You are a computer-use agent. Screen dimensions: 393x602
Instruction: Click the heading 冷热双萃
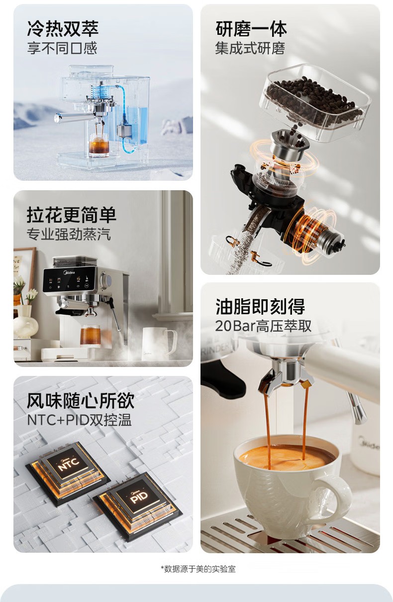(63, 28)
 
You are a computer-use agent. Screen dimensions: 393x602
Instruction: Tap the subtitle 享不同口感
(62, 48)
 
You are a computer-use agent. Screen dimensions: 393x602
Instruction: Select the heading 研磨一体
(251, 29)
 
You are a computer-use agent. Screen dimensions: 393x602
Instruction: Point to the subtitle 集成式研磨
(250, 49)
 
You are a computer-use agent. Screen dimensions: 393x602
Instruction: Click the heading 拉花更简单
(72, 215)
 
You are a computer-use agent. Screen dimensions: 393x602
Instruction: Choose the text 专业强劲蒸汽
(69, 234)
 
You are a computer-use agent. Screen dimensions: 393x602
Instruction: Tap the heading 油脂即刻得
(260, 306)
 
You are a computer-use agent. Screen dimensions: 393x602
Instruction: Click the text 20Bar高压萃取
(263, 326)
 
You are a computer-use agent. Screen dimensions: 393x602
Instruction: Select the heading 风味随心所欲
(81, 401)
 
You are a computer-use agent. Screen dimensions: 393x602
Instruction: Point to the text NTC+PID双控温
(80, 420)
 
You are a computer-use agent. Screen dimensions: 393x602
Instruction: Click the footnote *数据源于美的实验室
(198, 569)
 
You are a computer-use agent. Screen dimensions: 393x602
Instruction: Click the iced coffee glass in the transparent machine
(99, 145)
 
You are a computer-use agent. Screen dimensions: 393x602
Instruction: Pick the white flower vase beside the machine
(25, 322)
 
